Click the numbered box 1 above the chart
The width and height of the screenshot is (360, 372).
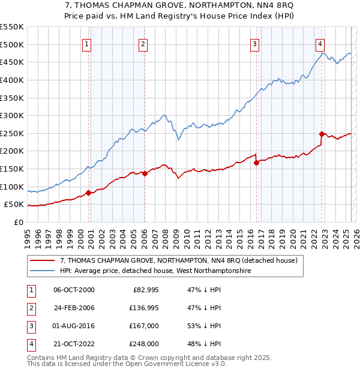[87, 44]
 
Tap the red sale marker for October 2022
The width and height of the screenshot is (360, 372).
[322, 134]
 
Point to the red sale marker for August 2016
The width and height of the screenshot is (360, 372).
[256, 162]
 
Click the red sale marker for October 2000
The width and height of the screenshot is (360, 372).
[88, 193]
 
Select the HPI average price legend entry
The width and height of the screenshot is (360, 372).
[155, 271]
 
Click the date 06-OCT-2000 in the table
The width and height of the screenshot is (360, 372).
[74, 290]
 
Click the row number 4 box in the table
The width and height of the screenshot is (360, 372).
[31, 344]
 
